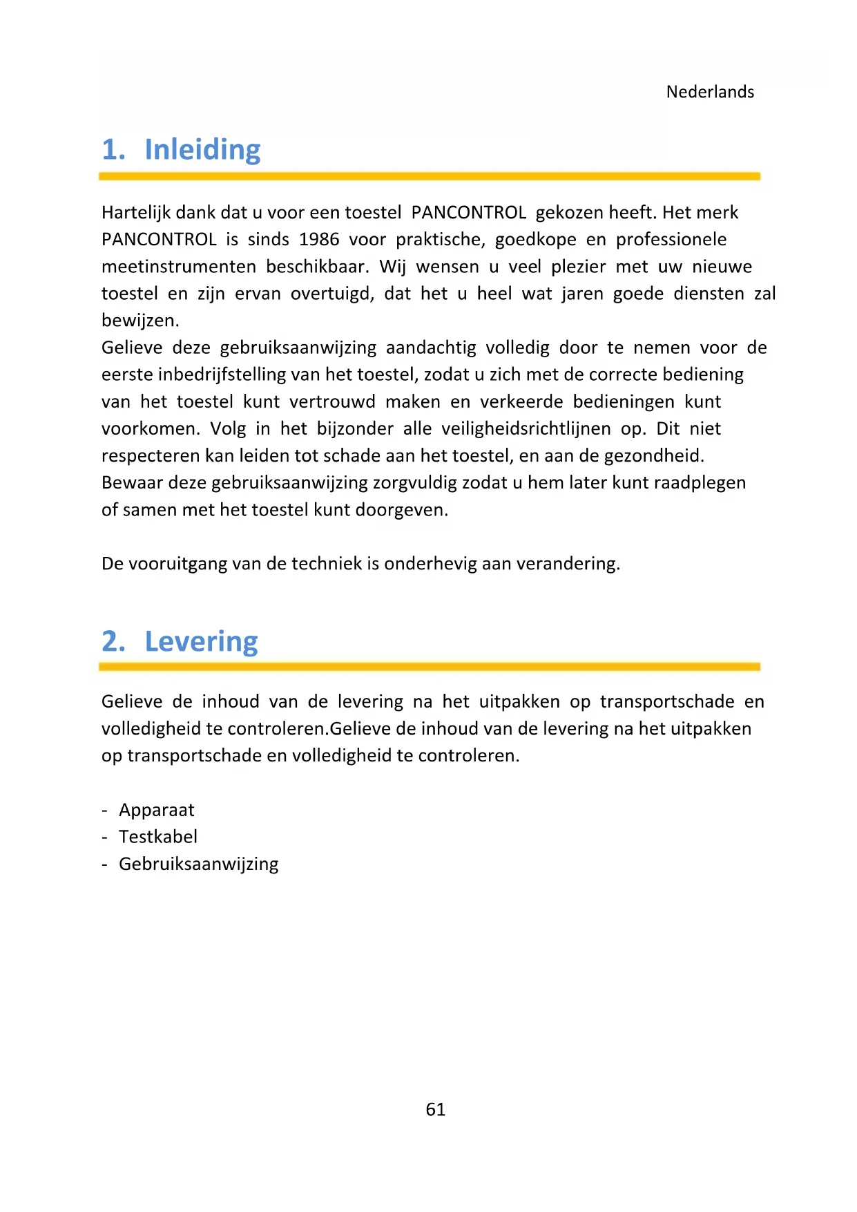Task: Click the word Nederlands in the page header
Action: click(x=710, y=92)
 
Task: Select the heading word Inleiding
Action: click(x=202, y=150)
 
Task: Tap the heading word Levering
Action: click(x=201, y=642)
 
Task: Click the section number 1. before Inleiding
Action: click(x=113, y=150)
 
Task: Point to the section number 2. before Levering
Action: click(x=113, y=642)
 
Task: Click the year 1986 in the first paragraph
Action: click(x=319, y=240)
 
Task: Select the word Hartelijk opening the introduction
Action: click(x=135, y=213)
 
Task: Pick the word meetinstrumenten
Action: click(x=179, y=267)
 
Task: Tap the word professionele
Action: click(x=671, y=240)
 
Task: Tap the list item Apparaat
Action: click(x=157, y=810)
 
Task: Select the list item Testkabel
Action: click(x=158, y=837)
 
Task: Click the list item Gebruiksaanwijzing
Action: click(x=199, y=864)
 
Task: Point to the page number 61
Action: click(x=436, y=1110)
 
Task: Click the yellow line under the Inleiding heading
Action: click(x=429, y=177)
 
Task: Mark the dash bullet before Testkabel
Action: click(x=105, y=837)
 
